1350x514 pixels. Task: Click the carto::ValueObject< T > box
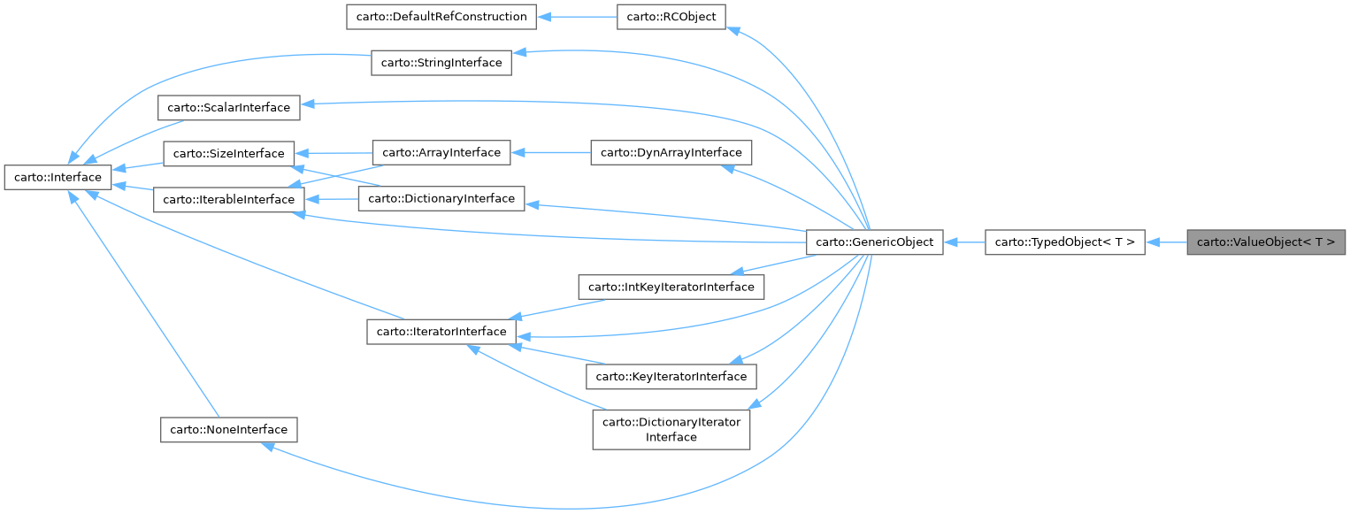(1266, 242)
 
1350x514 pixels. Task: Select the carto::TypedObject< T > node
(1065, 242)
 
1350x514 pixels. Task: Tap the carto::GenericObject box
(875, 242)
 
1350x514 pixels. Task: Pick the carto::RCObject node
(671, 17)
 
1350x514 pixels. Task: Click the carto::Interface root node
(58, 177)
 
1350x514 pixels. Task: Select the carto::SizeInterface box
(228, 153)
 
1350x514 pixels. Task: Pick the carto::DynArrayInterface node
(671, 152)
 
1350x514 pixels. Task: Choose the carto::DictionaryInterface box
(441, 198)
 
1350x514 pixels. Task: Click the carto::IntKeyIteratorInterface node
(671, 287)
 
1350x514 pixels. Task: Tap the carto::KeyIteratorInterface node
(671, 376)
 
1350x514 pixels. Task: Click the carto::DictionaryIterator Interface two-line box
(671, 429)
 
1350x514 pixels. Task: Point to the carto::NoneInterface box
(228, 429)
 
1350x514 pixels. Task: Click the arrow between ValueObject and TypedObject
(1166, 242)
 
